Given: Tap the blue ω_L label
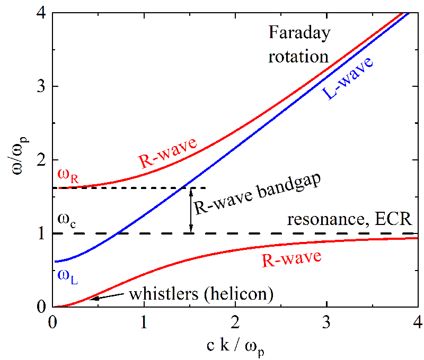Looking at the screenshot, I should pyautogui.click(x=67, y=277).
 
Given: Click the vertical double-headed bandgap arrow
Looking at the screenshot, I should pyautogui.click(x=192, y=211).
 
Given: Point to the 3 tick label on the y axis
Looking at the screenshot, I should pyautogui.click(x=41, y=86).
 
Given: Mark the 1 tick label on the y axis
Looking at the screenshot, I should pyautogui.click(x=41, y=233).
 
